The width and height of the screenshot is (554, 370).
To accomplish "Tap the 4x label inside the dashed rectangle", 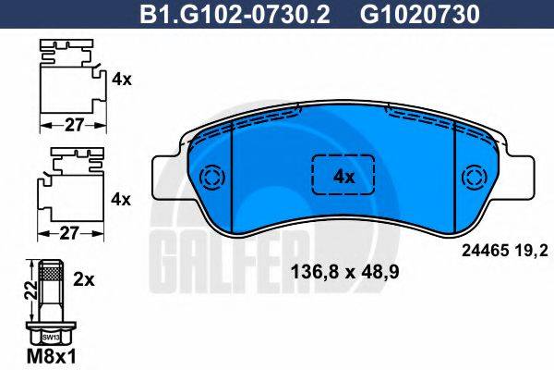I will tap(343, 176).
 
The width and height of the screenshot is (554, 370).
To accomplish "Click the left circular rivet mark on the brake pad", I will tap(212, 177).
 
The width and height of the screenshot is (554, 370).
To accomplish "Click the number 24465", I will tap(478, 248).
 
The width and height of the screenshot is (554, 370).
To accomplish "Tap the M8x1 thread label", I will tap(46, 355).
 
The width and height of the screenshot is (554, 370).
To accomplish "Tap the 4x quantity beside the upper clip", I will tap(121, 80).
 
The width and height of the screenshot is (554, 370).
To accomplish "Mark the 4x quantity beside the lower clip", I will tap(121, 199).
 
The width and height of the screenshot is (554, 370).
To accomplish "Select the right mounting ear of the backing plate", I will tap(521, 175).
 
